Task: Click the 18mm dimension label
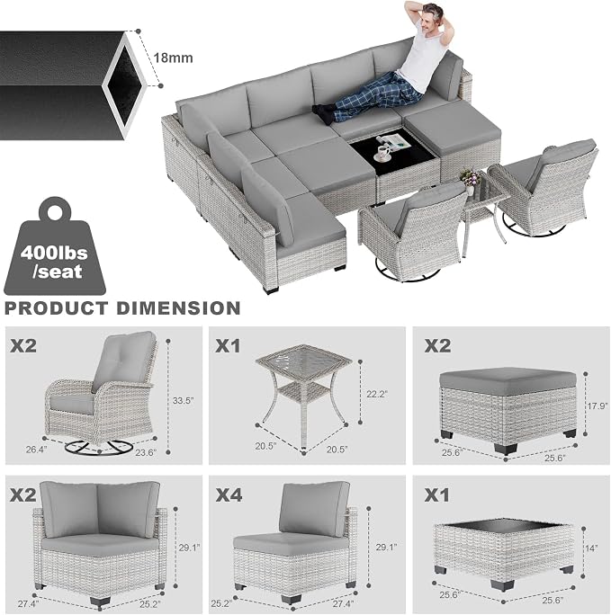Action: click(173, 58)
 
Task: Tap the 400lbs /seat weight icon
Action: click(55, 246)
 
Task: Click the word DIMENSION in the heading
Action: click(178, 308)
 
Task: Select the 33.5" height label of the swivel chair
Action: click(184, 401)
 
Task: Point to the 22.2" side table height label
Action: click(377, 395)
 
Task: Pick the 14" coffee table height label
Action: click(591, 548)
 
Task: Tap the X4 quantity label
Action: click(229, 495)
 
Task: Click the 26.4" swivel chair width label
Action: click(37, 450)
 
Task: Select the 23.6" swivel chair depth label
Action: click(146, 452)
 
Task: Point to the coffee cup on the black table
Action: click(383, 152)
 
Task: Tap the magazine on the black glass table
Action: click(394, 141)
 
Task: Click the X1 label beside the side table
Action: click(228, 345)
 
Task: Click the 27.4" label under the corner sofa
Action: click(28, 604)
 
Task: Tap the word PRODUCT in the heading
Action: click(56, 308)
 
